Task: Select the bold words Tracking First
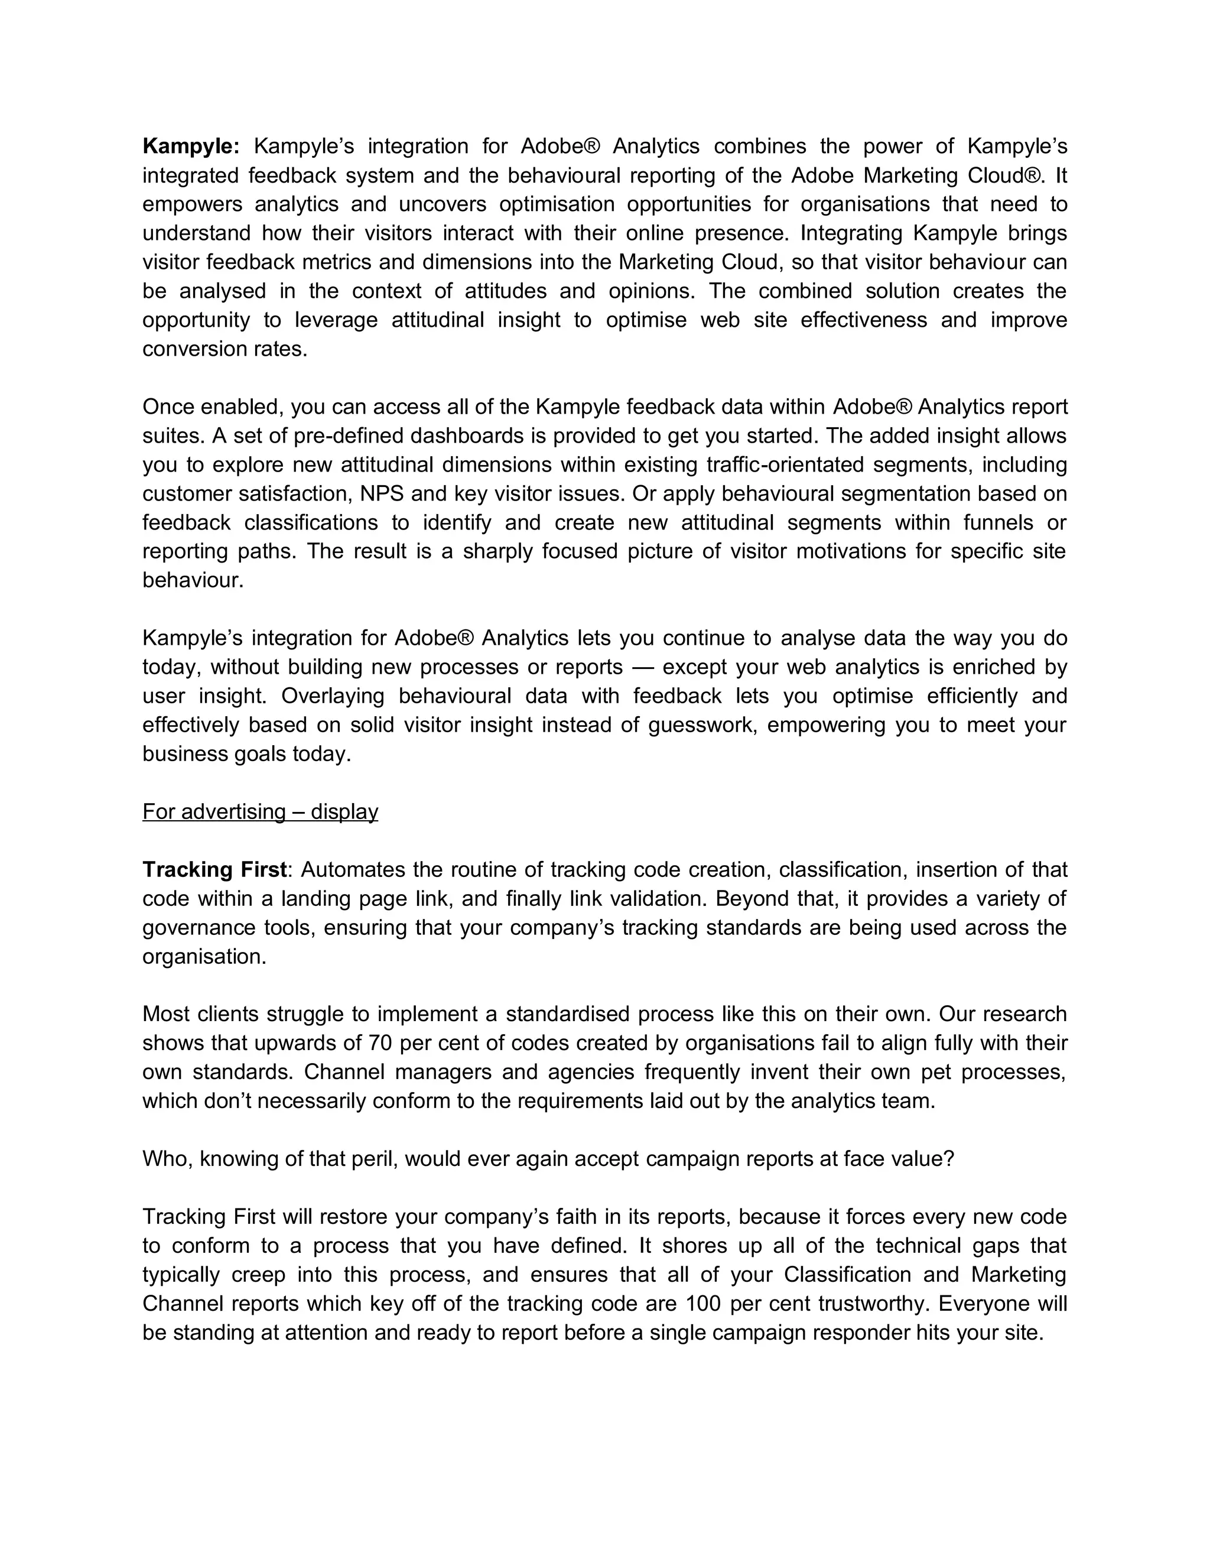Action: pyautogui.click(x=214, y=869)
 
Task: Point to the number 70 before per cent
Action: pyautogui.click(x=380, y=1042)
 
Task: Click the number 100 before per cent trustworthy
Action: pyautogui.click(x=702, y=1303)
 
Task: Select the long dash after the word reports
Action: pyautogui.click(x=643, y=667)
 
